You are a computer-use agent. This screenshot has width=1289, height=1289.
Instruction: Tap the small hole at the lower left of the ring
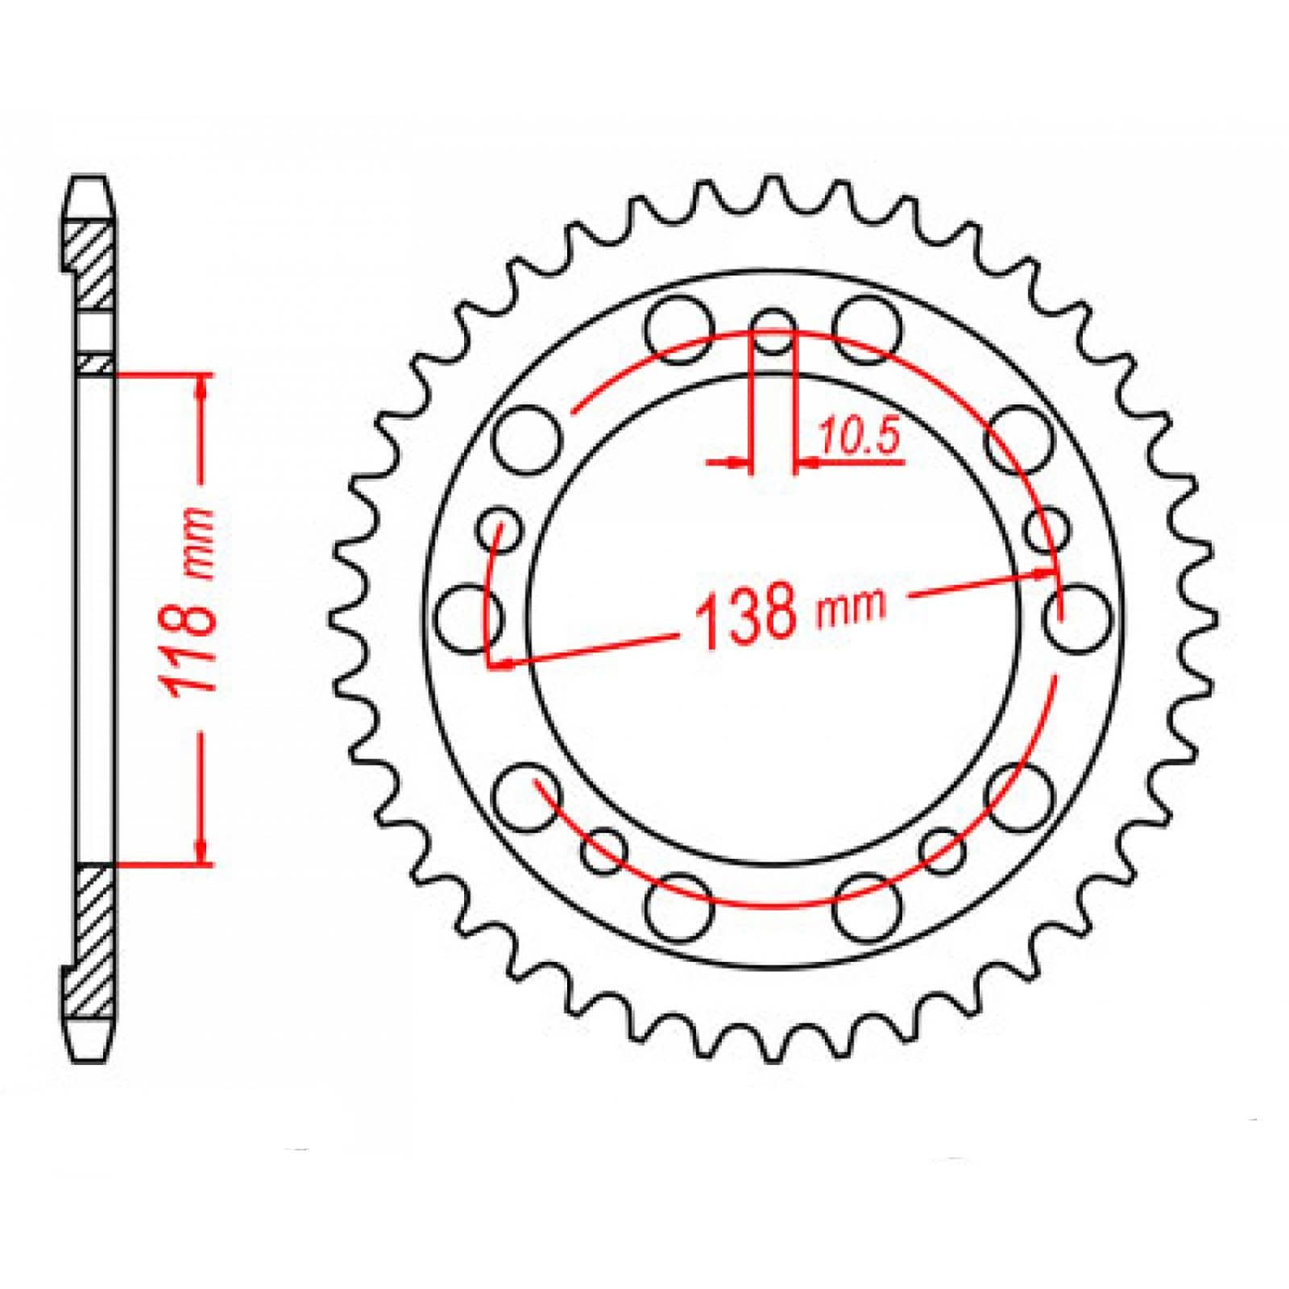(603, 851)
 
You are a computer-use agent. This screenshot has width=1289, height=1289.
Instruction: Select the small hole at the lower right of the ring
(944, 851)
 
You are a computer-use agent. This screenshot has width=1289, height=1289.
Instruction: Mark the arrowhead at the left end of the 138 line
(500, 663)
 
